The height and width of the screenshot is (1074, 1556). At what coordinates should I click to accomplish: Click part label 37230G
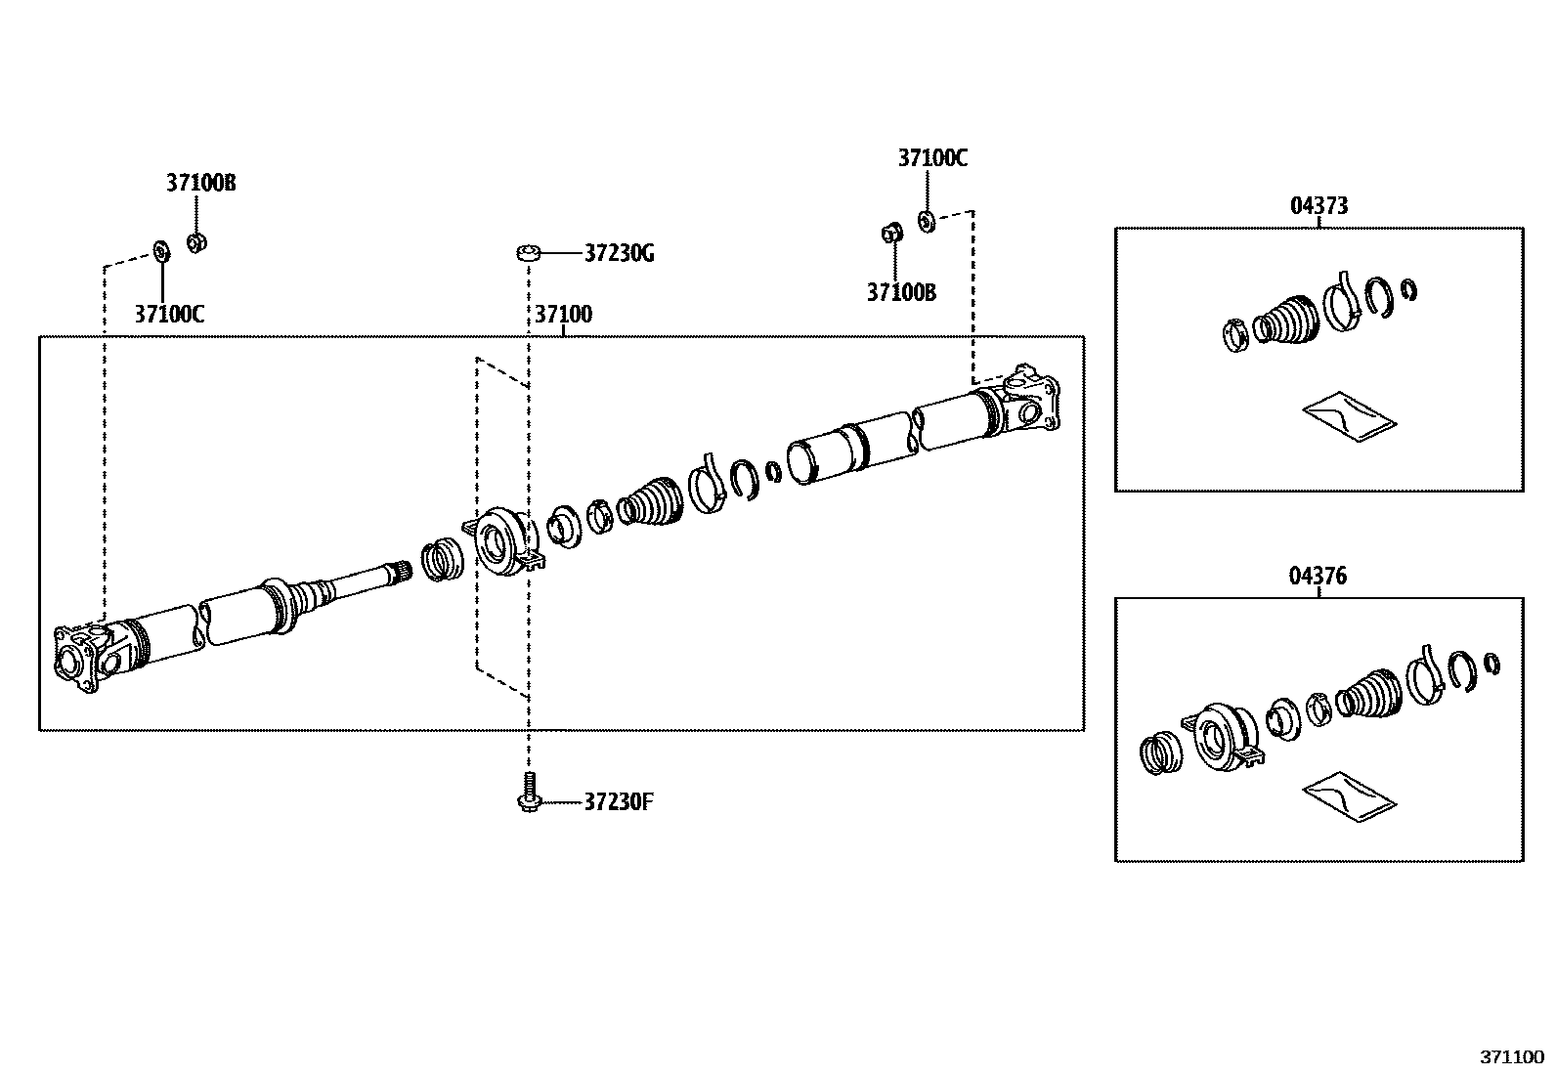(619, 254)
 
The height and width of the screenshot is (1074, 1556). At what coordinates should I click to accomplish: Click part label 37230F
(618, 802)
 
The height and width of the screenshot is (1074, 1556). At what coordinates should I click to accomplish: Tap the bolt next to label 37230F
(528, 793)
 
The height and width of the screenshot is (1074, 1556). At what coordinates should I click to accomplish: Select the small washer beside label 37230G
(529, 254)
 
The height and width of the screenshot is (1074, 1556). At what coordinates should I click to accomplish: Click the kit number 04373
(1318, 205)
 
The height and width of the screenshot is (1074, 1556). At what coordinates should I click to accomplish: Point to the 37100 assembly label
(563, 315)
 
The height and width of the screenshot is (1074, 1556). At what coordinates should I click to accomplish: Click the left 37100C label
(169, 314)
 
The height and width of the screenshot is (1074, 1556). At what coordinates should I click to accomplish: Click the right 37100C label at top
(932, 158)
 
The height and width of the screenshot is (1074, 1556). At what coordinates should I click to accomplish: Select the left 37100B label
(200, 183)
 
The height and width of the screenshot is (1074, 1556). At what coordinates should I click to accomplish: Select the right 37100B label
(901, 292)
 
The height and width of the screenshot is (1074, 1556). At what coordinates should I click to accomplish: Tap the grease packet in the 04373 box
(1348, 417)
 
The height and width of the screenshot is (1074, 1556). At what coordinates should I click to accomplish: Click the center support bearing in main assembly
(506, 540)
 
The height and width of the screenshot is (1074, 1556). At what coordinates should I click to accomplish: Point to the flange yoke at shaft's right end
(1030, 402)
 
